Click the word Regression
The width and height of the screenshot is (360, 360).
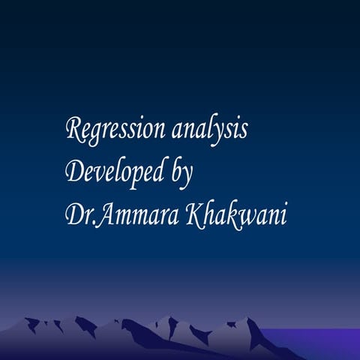pos(116,130)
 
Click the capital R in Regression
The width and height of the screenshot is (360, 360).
pos(74,129)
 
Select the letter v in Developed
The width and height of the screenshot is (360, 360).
pos(98,173)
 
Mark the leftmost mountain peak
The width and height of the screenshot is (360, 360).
pos(31,320)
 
